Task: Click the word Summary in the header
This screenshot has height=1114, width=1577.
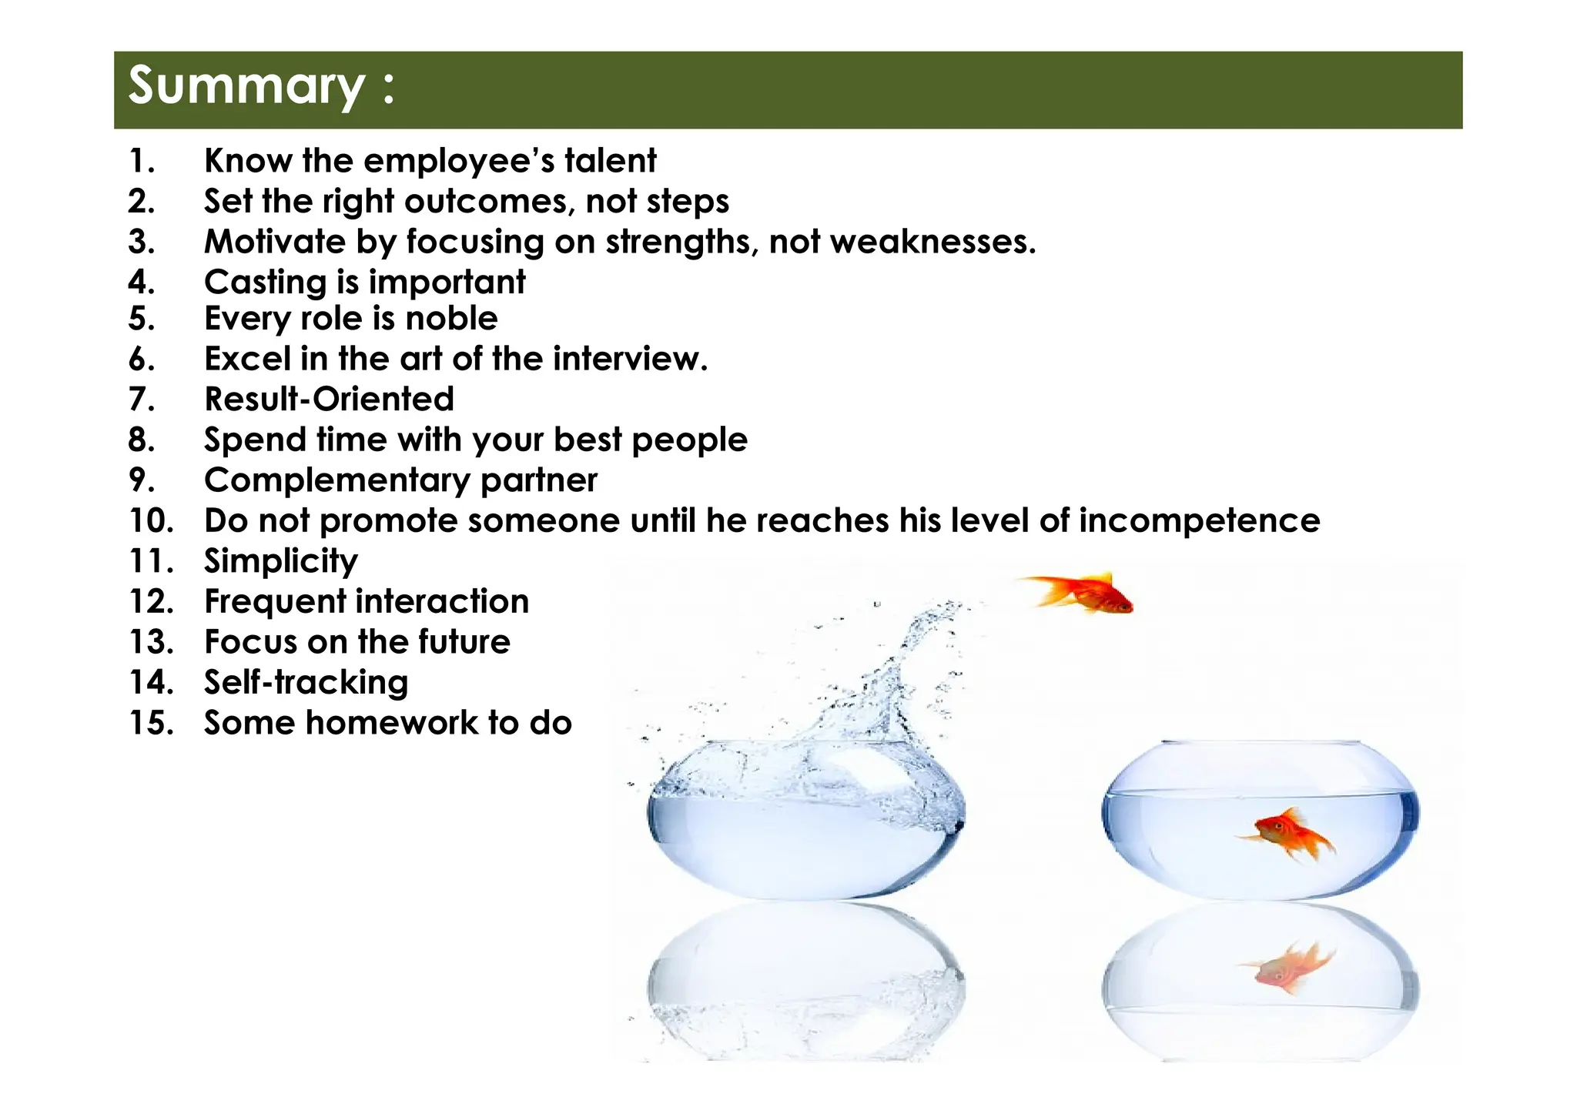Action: tap(246, 86)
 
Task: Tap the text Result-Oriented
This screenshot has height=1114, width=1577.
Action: tap(329, 400)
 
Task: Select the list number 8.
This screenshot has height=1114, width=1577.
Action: tap(141, 440)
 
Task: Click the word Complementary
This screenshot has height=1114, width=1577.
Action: tap(336, 480)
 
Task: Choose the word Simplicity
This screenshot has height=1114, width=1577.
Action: tap(281, 561)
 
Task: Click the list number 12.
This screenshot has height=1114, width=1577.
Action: tap(151, 601)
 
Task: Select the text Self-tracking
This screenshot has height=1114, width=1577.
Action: tap(306, 683)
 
